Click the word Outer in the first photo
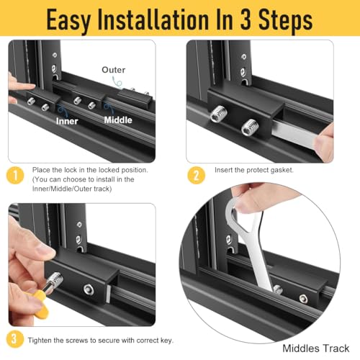(x=113, y=70)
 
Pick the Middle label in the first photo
(x=118, y=120)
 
